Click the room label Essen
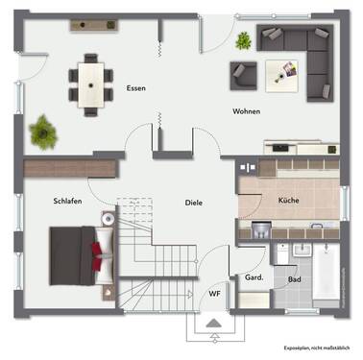click(135, 89)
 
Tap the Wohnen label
click(246, 111)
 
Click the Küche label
click(290, 200)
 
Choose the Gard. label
click(254, 276)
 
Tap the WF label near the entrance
click(214, 294)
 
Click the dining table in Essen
click(92, 84)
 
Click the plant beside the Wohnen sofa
click(244, 39)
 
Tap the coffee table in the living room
click(283, 69)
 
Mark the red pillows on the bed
click(98, 252)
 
